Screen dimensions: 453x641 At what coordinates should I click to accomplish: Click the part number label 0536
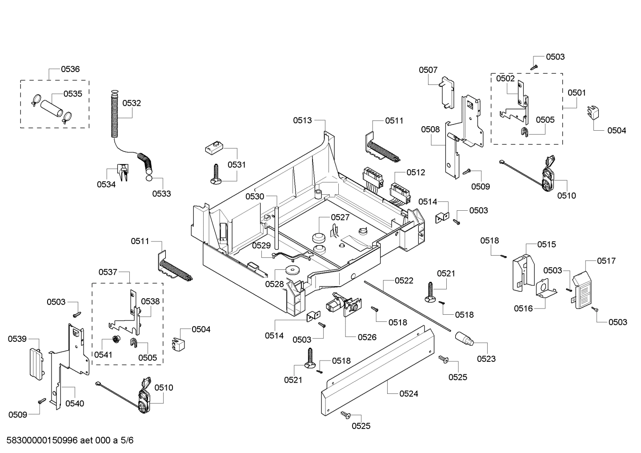coord(70,69)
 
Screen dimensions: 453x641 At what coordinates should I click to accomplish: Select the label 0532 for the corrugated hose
coord(132,103)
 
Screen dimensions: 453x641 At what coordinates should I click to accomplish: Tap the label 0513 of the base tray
coord(302,120)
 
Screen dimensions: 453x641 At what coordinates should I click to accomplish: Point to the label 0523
coord(486,359)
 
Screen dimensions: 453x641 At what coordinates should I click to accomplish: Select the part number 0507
coord(428,70)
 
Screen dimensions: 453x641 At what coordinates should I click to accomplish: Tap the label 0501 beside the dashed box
coord(577,93)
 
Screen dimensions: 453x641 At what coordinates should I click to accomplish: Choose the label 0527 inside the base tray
coord(340,217)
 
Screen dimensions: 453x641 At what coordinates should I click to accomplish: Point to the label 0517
coord(606,261)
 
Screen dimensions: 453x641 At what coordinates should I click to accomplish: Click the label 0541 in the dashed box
coord(103,354)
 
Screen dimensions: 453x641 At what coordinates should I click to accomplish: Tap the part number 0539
coord(17,339)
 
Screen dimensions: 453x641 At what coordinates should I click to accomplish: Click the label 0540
coord(74,404)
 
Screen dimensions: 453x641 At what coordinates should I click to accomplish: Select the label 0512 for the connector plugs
coord(416,172)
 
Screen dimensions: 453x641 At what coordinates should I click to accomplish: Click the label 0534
coord(106,184)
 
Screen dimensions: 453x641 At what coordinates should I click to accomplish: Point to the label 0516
coord(523,309)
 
